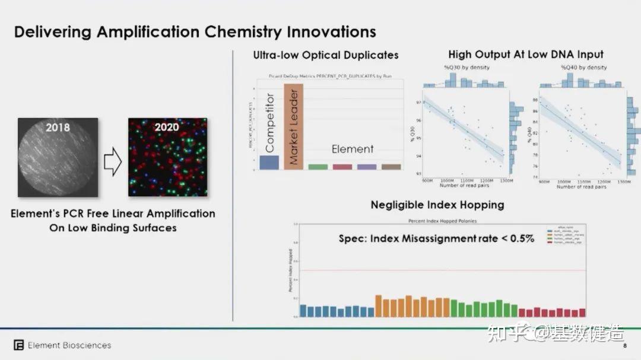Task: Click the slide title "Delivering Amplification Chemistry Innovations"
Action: [195, 31]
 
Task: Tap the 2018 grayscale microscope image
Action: [58, 157]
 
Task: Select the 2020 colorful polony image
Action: [168, 157]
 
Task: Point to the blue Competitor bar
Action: [269, 163]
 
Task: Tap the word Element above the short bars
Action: [353, 149]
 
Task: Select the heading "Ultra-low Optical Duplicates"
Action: [326, 55]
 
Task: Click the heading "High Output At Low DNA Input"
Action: [526, 55]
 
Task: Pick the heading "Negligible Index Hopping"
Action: [437, 205]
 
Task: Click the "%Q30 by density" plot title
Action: [467, 68]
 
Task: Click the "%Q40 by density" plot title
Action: [583, 68]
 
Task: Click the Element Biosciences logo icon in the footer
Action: [18, 345]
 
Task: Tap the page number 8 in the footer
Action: [624, 345]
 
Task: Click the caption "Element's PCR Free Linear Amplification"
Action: [113, 214]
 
